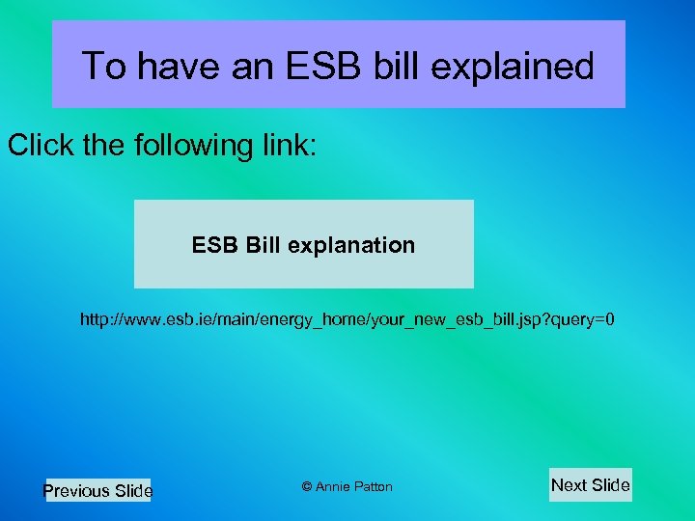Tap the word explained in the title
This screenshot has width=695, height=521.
[521, 66]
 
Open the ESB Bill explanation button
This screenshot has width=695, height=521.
[303, 244]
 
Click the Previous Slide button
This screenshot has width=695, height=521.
[97, 491]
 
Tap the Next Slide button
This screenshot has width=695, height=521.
[590, 485]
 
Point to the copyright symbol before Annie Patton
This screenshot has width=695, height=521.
[307, 486]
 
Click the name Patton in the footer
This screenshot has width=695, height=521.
[374, 487]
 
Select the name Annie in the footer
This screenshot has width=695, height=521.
[334, 487]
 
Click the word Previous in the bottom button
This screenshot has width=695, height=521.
[76, 491]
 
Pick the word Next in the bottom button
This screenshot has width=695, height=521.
[569, 485]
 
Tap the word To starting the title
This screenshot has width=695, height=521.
[104, 66]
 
